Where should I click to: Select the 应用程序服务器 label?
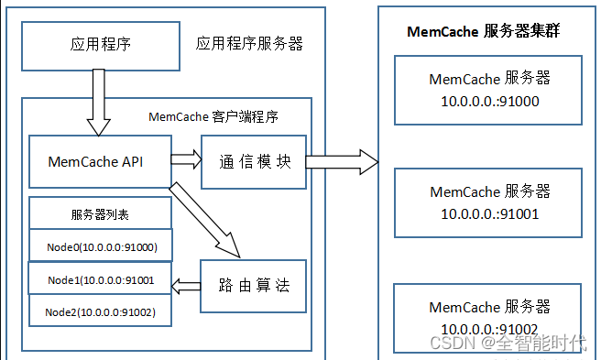click(x=249, y=44)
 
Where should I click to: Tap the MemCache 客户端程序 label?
click(x=213, y=117)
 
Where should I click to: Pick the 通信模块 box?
click(x=254, y=161)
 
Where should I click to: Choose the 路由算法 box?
click(x=254, y=285)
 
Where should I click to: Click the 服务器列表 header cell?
click(x=100, y=214)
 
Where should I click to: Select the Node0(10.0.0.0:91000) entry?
click(x=101, y=246)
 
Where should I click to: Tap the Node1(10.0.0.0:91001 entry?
click(x=101, y=279)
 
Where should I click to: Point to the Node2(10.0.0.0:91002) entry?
click(x=101, y=312)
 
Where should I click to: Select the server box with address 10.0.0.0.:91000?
click(x=489, y=90)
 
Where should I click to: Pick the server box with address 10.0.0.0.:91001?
click(x=489, y=202)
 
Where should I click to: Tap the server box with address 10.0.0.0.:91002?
click(x=489, y=317)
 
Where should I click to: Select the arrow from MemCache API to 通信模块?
click(x=186, y=159)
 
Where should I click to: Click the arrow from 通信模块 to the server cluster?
click(x=341, y=162)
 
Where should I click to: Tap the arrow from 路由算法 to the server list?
click(x=187, y=286)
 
